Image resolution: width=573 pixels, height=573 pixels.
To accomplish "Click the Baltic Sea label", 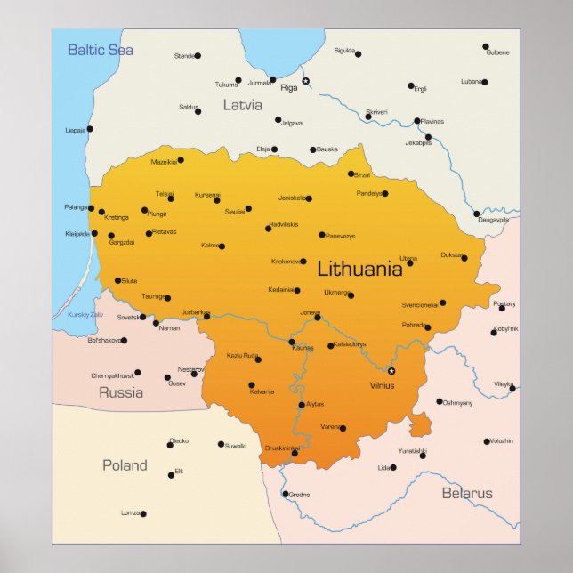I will click(101, 50).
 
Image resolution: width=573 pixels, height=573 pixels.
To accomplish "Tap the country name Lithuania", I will click(359, 268).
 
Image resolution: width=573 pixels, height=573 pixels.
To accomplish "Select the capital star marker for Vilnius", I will click(391, 371).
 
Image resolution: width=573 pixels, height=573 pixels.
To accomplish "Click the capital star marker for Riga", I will click(305, 81).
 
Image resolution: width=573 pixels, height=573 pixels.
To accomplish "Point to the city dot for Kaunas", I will click(291, 342).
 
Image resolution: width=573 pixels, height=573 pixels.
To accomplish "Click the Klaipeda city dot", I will click(94, 234).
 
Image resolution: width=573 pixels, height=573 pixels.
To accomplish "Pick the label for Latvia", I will click(242, 105).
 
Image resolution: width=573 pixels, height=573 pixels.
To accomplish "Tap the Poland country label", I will click(125, 464).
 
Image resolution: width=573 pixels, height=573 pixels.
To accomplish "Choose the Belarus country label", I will click(466, 493).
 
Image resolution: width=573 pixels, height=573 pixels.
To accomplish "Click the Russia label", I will click(120, 392).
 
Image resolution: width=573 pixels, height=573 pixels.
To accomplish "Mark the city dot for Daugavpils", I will click(476, 214).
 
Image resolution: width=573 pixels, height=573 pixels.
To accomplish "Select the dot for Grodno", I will click(285, 494).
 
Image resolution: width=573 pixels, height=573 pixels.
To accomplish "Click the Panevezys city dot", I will click(322, 235).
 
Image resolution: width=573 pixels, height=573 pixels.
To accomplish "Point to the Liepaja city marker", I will click(89, 129).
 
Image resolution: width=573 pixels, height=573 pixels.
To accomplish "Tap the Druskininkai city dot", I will click(295, 453).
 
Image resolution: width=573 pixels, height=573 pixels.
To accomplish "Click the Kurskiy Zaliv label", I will click(85, 315).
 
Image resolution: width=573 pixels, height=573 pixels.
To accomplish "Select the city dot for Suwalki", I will click(221, 444).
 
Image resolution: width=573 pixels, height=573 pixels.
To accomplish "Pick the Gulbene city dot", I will click(486, 46).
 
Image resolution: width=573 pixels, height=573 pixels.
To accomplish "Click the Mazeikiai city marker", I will click(181, 160).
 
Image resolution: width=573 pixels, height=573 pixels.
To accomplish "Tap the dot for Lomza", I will click(142, 513).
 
